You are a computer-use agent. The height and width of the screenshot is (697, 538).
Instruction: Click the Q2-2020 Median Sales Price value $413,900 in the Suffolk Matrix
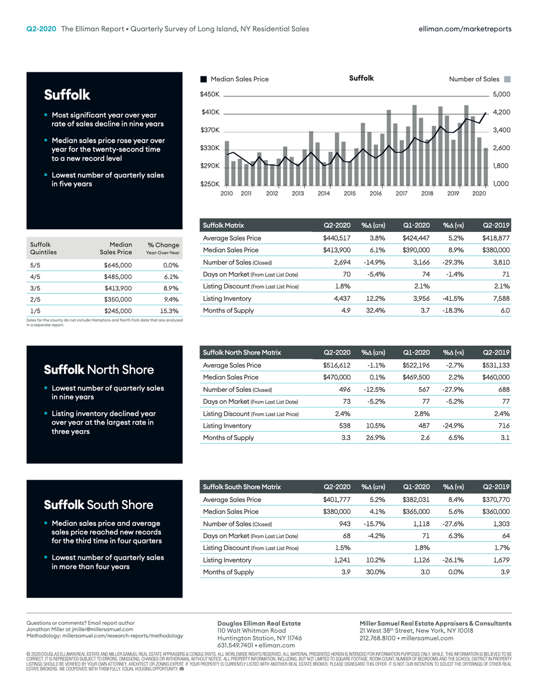click(x=337, y=250)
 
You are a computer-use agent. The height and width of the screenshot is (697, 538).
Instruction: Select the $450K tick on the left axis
click(x=210, y=94)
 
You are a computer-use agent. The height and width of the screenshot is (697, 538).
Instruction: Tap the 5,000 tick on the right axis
click(x=501, y=94)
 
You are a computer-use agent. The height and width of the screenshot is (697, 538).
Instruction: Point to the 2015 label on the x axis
click(x=350, y=194)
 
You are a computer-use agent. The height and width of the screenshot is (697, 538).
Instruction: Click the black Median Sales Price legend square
click(x=203, y=79)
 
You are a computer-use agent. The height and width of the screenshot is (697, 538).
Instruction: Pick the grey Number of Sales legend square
click(x=507, y=79)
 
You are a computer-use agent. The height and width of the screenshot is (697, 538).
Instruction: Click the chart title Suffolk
click(x=361, y=78)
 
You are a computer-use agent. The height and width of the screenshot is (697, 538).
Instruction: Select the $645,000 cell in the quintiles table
click(x=118, y=265)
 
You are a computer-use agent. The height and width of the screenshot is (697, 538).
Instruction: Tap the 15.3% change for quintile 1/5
click(x=169, y=311)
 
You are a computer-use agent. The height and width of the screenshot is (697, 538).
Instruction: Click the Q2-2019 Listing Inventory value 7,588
click(x=501, y=299)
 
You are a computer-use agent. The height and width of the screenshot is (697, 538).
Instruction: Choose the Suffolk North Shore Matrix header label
click(x=242, y=353)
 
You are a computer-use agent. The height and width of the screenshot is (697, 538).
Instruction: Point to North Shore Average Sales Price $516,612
click(x=337, y=365)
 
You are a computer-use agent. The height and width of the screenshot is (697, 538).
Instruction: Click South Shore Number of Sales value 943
click(x=344, y=524)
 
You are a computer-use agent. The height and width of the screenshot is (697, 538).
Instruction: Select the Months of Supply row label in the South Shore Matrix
click(x=228, y=572)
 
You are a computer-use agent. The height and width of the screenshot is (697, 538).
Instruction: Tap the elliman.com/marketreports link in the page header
click(x=465, y=29)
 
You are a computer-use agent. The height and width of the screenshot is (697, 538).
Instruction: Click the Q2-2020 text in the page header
click(x=41, y=29)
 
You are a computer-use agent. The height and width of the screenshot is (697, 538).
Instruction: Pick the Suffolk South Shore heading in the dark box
click(x=98, y=505)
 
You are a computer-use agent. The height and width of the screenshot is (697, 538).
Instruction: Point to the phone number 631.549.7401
click(x=235, y=645)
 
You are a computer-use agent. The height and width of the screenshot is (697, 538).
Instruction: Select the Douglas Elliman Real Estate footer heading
click(x=259, y=623)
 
